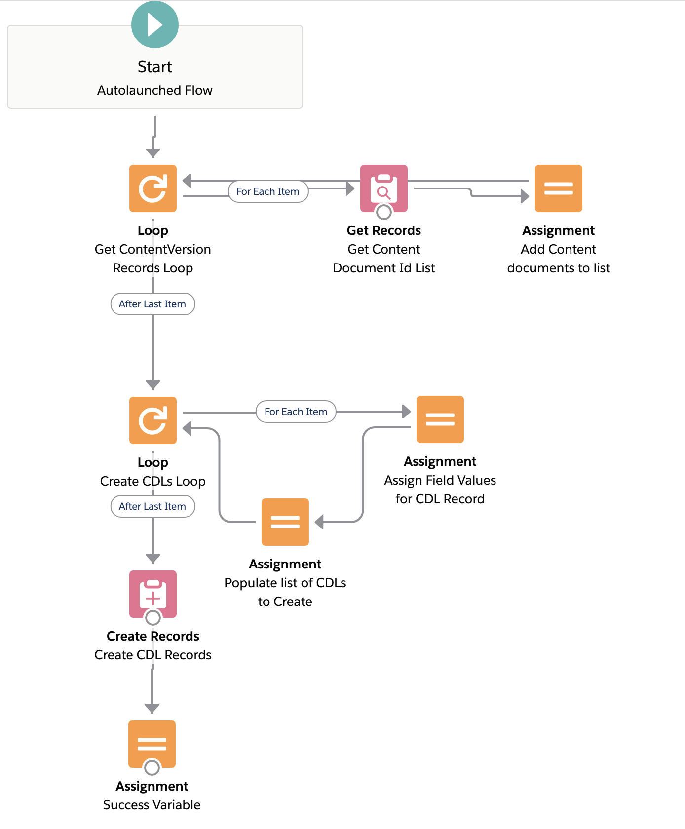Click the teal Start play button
[154, 25]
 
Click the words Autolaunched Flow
[154, 90]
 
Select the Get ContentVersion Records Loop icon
[153, 188]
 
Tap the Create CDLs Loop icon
[153, 420]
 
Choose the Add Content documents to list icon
[559, 188]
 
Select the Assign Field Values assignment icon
[440, 419]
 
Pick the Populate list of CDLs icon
[285, 522]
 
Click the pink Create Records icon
[153, 593]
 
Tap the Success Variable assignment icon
[152, 742]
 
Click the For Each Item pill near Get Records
[268, 191]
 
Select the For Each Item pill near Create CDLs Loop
[296, 412]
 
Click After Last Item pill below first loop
[152, 304]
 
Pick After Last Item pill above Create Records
[152, 506]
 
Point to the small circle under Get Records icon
[384, 212]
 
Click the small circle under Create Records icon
[153, 618]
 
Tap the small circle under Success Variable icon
[152, 767]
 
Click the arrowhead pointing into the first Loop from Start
[153, 153]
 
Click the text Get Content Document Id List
[384, 259]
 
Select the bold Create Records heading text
[153, 636]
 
